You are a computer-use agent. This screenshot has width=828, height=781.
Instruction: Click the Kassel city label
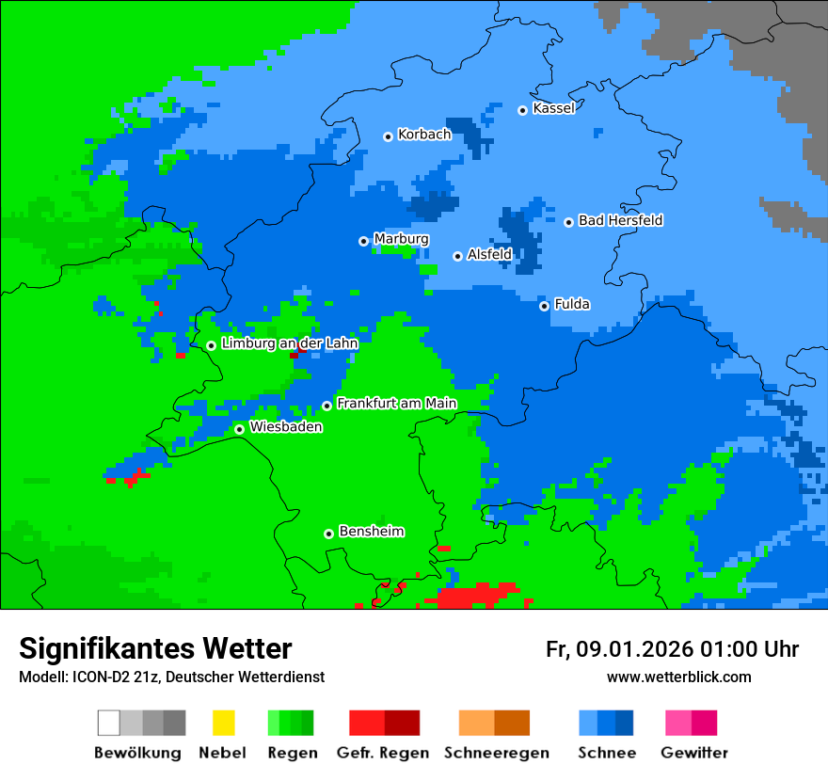pyautogui.click(x=553, y=108)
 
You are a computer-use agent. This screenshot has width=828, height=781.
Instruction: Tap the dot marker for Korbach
pyautogui.click(x=388, y=136)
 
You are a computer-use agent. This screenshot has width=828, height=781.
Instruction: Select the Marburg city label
pyautogui.click(x=401, y=239)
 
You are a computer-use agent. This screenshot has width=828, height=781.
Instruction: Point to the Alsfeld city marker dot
pyautogui.click(x=457, y=256)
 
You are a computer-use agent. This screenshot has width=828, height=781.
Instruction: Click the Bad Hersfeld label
pyautogui.click(x=620, y=220)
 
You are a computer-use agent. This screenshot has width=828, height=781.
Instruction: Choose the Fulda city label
pyautogui.click(x=572, y=304)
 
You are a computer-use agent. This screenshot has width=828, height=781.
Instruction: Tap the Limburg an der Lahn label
pyautogui.click(x=289, y=343)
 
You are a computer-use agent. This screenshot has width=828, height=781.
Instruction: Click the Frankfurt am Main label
pyautogui.click(x=396, y=404)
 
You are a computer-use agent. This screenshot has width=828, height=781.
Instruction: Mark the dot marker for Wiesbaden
pyautogui.click(x=239, y=429)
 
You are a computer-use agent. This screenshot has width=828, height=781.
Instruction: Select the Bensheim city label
pyautogui.click(x=371, y=532)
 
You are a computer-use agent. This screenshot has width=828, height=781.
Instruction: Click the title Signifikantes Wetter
pyautogui.click(x=155, y=649)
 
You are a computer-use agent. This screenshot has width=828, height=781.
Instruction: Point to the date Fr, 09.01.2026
pyautogui.click(x=619, y=649)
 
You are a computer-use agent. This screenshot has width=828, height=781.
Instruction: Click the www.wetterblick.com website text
pyautogui.click(x=678, y=677)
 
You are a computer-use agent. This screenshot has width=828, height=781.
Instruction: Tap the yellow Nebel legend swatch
pyautogui.click(x=223, y=723)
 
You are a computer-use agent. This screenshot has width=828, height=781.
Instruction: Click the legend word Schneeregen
pyautogui.click(x=496, y=753)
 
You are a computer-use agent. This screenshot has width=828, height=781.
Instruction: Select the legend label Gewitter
pyautogui.click(x=693, y=753)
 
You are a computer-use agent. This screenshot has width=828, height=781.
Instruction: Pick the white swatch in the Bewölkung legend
pyautogui.click(x=108, y=723)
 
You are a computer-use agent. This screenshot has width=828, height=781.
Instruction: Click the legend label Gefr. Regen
pyautogui.click(x=383, y=753)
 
